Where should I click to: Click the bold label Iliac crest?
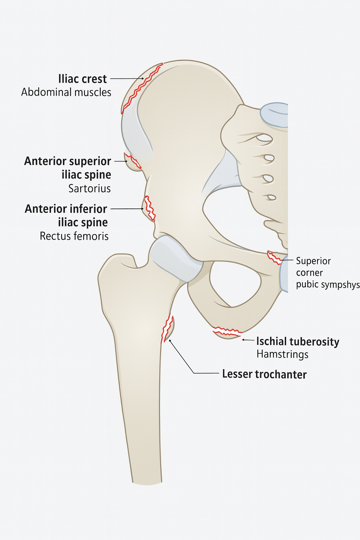coord(82,79)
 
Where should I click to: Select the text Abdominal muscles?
coord(66,92)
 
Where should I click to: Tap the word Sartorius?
coord(89,189)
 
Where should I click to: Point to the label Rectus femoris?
coord(74,236)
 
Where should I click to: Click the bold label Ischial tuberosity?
coord(297,342)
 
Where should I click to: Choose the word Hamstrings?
coord(282,354)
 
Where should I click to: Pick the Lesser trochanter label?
coord(264,374)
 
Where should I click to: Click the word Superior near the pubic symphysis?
coord(313,261)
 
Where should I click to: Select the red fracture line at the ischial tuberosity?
coord(227,331)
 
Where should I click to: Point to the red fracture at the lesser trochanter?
coord(167,328)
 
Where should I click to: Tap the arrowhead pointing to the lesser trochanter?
coord(170,341)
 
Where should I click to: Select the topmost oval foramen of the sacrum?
coord(264,138)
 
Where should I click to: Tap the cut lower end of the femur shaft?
coord(147,482)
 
